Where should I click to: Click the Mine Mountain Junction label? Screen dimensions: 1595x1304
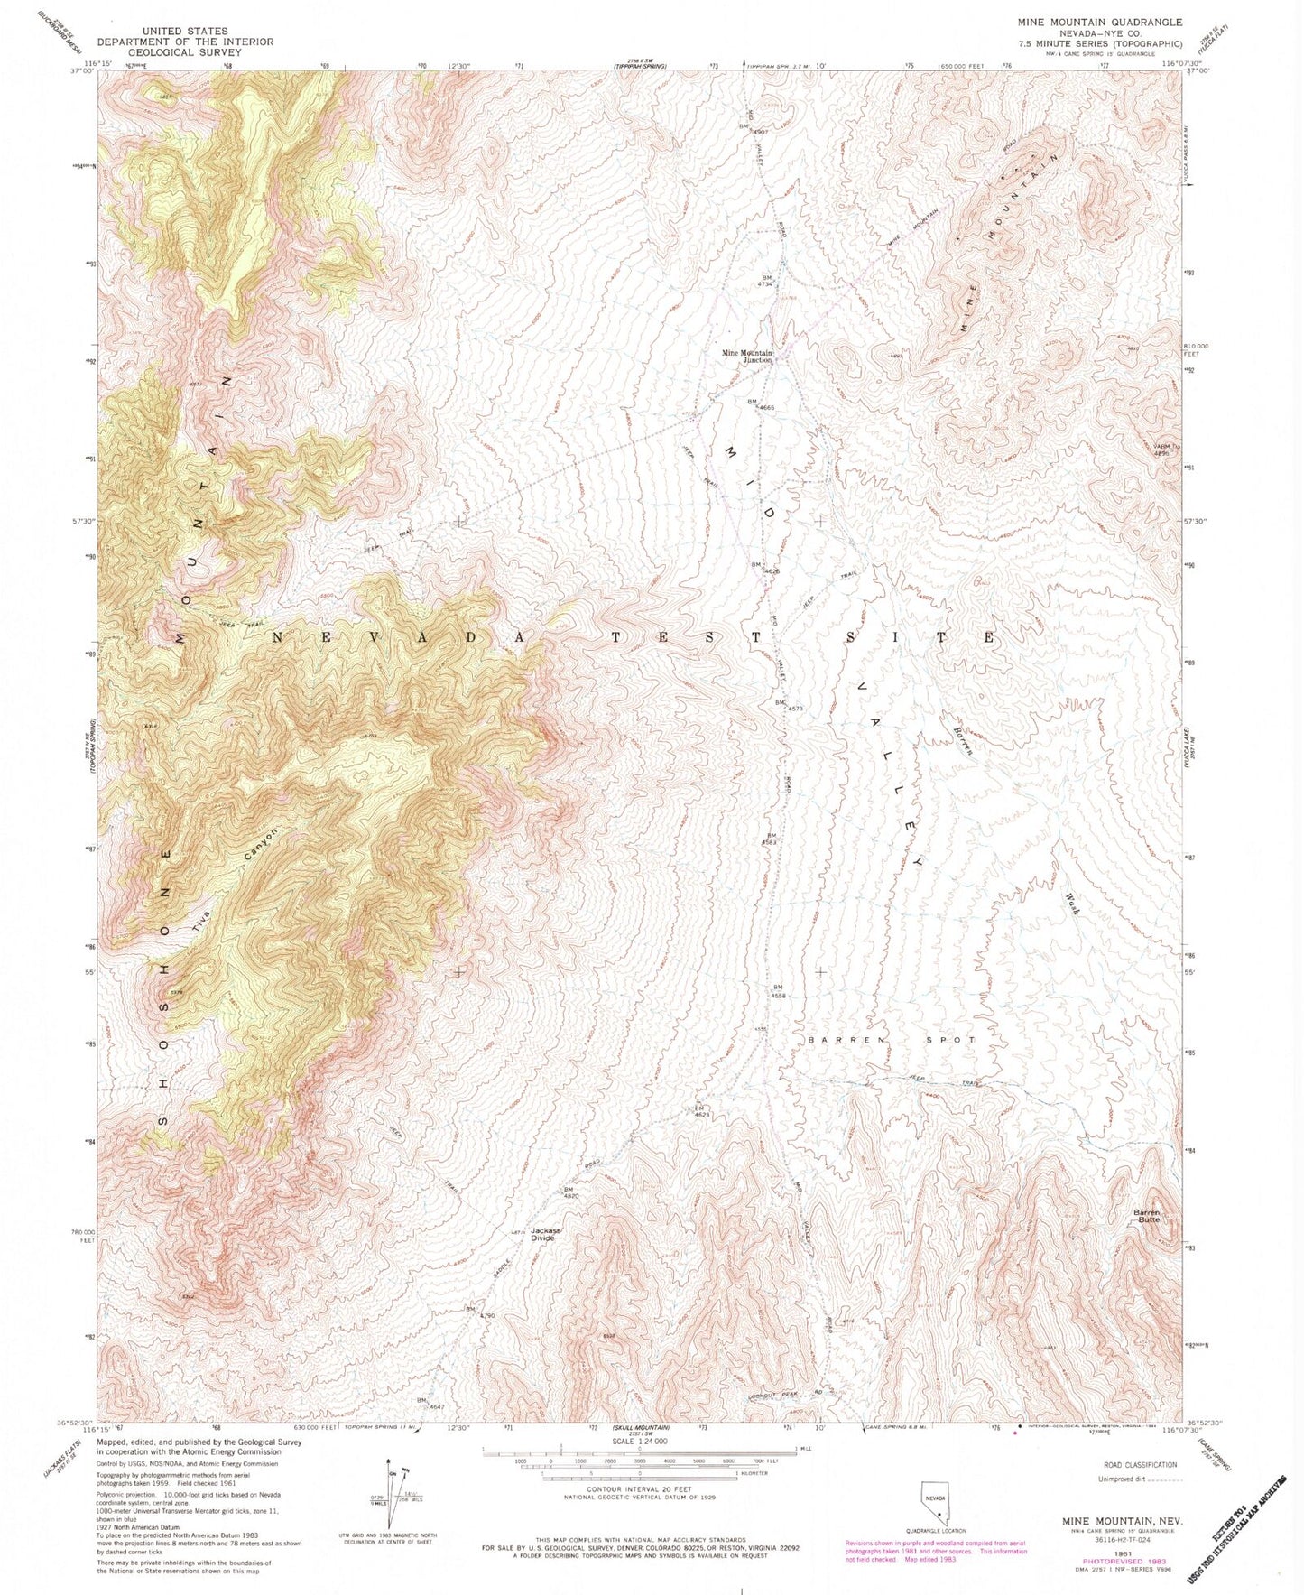[745, 356]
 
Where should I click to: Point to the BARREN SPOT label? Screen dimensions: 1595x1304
[892, 1040]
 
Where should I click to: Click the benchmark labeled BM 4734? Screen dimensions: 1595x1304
[769, 281]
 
